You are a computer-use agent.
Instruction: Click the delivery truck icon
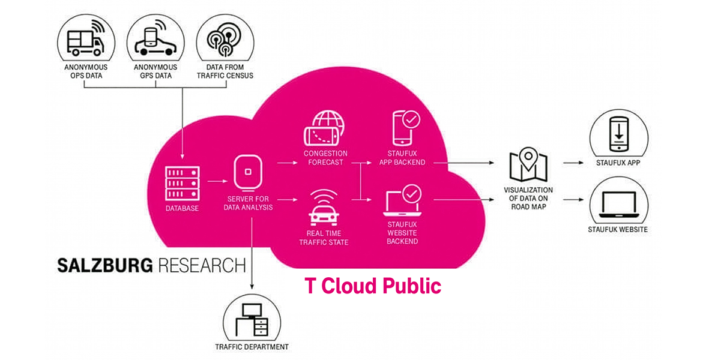pos(85,40)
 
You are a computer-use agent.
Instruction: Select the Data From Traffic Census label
pos(225,71)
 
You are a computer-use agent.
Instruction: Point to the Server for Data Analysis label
pos(248,203)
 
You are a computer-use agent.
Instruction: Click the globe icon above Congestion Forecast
pos(325,127)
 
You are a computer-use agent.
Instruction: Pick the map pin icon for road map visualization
pos(528,163)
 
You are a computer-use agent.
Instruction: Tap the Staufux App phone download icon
pos(618,133)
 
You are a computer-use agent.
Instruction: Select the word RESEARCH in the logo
pos(202,265)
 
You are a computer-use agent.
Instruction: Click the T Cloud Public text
pos(373,286)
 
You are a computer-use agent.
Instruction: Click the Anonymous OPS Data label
pos(85,71)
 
